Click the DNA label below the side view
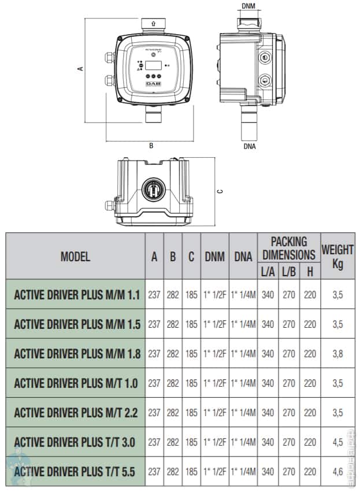click(250, 146)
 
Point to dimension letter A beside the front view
click(81, 68)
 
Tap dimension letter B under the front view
click(151, 146)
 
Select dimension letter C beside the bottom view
click(220, 191)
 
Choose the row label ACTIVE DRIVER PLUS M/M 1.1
click(77, 295)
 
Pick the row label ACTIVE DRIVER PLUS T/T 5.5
click(75, 472)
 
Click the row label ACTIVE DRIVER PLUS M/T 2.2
click(75, 413)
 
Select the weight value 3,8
click(337, 354)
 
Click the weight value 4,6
click(337, 472)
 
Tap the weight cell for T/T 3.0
click(337, 442)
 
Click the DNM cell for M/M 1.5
click(214, 324)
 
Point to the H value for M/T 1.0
click(310, 383)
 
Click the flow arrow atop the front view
click(152, 23)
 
